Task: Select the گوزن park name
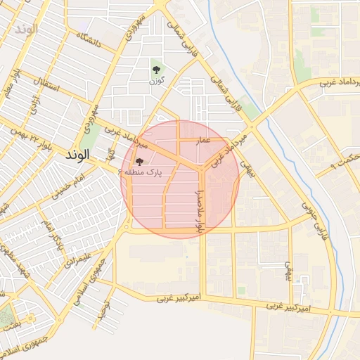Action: pyautogui.click(x=156, y=82)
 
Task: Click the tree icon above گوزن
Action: pyautogui.click(x=156, y=70)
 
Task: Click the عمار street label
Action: pyautogui.click(x=204, y=141)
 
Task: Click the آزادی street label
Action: pyautogui.click(x=32, y=103)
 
